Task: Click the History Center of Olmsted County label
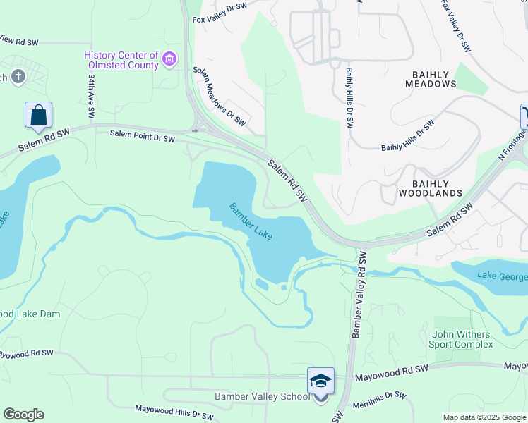coord(121,60)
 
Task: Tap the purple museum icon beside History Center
coord(169,60)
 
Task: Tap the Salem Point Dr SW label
coord(142,137)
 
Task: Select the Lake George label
coord(501,275)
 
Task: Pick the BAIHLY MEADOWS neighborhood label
coord(431,78)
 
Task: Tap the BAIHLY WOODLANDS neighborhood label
coord(431,187)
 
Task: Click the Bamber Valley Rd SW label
coord(359,293)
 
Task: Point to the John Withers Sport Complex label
coord(461,338)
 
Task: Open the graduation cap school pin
coord(320,382)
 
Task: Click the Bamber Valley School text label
coord(262,397)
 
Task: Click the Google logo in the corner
coord(23,415)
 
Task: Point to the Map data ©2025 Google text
coord(484,417)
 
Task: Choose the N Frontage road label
coord(512,144)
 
